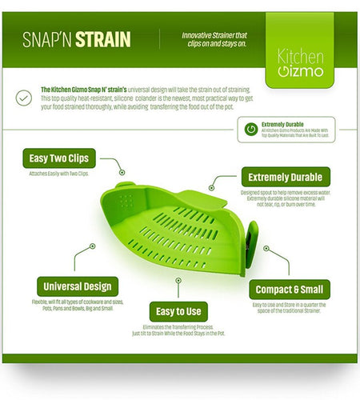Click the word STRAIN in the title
[x=103, y=40]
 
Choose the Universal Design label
[x=76, y=286]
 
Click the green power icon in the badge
[x=250, y=127]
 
